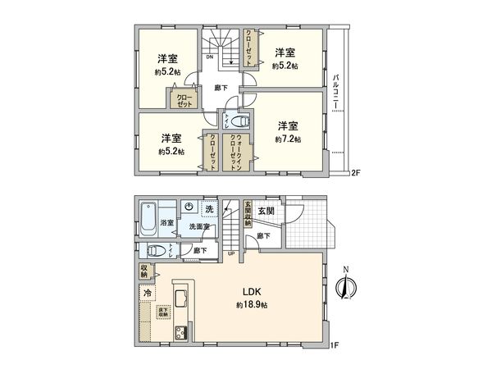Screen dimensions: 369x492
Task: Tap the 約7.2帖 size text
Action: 287,140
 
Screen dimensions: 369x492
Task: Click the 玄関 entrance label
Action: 266,211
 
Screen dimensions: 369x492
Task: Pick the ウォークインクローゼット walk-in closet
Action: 235,151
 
